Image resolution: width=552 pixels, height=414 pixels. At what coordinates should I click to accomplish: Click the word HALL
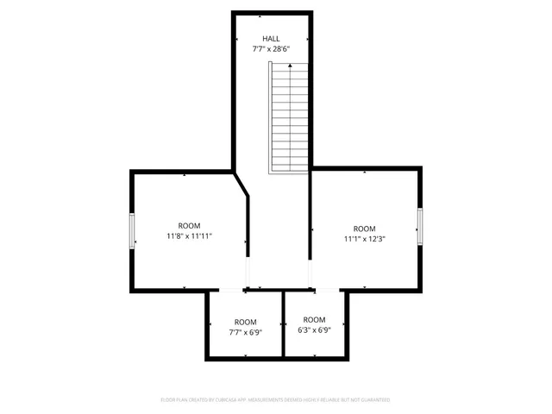click(271, 39)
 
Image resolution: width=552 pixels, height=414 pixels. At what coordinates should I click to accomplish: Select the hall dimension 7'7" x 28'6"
click(271, 49)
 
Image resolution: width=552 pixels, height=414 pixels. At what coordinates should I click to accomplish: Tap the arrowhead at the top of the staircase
click(291, 66)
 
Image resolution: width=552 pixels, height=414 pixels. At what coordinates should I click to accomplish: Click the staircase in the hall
click(289, 121)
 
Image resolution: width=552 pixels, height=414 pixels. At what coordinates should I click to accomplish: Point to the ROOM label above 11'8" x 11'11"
click(189, 225)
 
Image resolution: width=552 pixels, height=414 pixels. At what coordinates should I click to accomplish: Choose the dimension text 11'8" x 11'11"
click(189, 235)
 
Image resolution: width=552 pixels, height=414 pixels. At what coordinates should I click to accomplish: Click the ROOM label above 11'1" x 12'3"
click(364, 229)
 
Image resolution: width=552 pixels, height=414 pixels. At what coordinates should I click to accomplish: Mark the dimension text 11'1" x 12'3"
click(364, 239)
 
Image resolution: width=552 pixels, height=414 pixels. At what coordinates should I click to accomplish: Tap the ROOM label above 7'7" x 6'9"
click(246, 322)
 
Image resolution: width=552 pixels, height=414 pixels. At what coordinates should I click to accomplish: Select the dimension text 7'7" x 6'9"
click(246, 332)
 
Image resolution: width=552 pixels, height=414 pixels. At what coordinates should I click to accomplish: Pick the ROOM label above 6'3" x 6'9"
click(314, 320)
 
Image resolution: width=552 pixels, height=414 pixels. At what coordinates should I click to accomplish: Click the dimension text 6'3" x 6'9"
click(314, 329)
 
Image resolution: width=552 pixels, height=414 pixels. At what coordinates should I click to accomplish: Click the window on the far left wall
click(133, 230)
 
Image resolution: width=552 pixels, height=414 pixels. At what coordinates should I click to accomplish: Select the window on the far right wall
click(420, 226)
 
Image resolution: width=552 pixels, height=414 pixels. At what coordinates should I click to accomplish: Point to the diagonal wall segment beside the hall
click(241, 185)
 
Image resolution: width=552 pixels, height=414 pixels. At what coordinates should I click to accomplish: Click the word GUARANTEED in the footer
click(373, 400)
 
